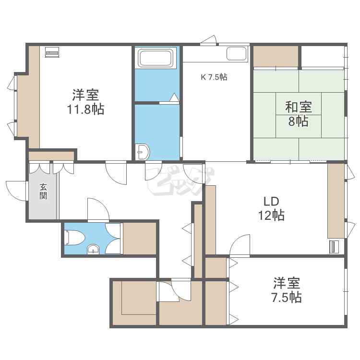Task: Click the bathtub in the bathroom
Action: click(x=155, y=59)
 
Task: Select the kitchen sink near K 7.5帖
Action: click(x=236, y=53)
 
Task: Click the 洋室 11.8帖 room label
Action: click(x=86, y=101)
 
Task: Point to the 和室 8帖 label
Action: click(x=298, y=113)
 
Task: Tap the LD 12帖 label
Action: click(x=271, y=208)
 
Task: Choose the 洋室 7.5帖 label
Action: click(x=287, y=290)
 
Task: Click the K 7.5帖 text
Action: click(x=214, y=77)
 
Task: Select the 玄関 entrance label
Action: click(x=43, y=191)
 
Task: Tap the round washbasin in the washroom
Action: click(x=143, y=152)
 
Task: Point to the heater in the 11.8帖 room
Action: click(x=51, y=52)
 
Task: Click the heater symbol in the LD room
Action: click(x=335, y=247)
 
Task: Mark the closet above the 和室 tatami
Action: click(x=276, y=57)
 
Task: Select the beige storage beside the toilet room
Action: click(x=140, y=238)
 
